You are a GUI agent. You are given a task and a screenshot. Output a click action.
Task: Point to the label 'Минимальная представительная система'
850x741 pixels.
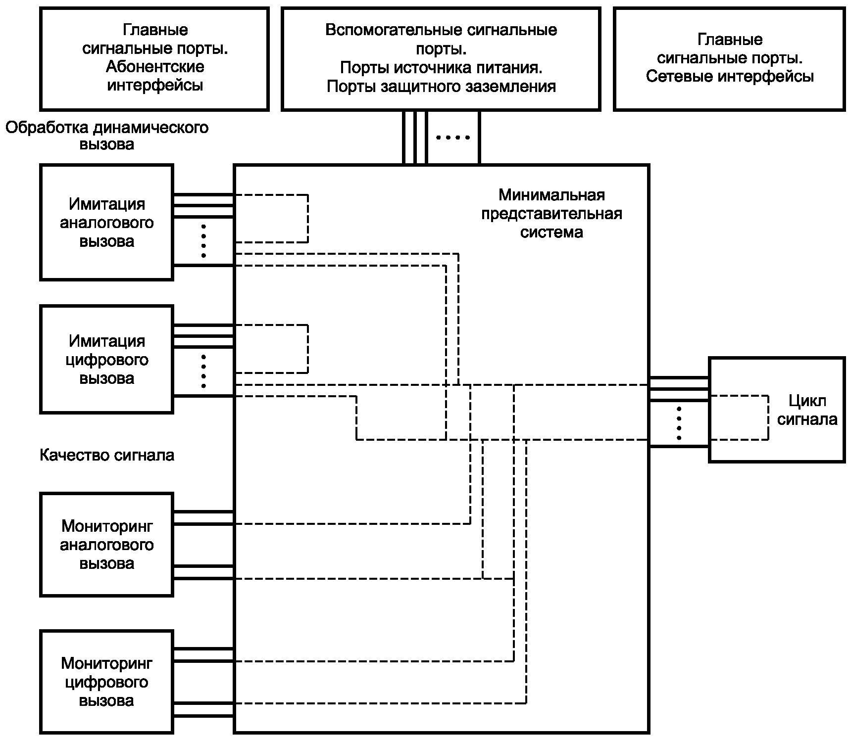(x=551, y=214)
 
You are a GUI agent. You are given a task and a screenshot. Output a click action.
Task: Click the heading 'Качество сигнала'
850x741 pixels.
(x=107, y=455)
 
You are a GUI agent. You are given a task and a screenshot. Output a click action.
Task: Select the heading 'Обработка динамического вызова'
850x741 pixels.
(x=107, y=136)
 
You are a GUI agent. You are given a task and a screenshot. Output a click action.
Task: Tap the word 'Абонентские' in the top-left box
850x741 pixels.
(x=155, y=67)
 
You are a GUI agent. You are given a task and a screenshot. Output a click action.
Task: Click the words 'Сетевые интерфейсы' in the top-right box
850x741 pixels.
(x=730, y=77)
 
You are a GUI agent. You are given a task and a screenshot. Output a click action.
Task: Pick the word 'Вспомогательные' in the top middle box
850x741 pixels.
(x=387, y=30)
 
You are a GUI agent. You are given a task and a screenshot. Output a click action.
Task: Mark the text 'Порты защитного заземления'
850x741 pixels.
(x=441, y=87)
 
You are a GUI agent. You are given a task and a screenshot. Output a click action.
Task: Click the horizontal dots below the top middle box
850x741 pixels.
(x=453, y=138)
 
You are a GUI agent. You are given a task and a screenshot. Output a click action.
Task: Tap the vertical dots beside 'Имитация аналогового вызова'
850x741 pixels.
(x=203, y=241)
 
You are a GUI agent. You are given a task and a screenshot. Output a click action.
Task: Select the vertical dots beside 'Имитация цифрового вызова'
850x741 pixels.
(x=203, y=371)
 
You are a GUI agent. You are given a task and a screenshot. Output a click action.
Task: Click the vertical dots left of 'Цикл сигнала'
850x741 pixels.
(x=679, y=423)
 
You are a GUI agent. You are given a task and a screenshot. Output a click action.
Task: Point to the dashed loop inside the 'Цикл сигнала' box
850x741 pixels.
(x=768, y=417)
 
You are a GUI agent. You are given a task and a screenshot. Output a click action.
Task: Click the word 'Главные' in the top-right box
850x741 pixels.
(x=730, y=40)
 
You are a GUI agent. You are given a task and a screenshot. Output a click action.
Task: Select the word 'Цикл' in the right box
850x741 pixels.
(x=807, y=401)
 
